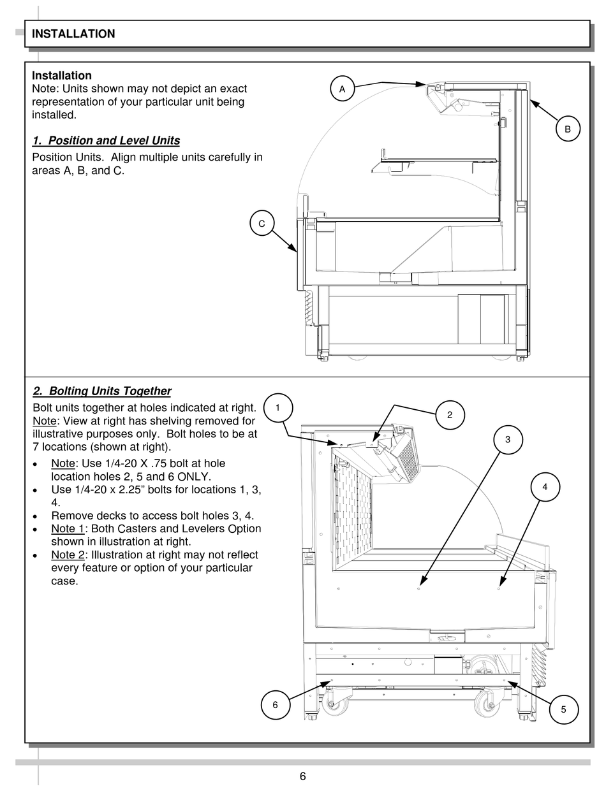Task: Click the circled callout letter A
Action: tap(343, 89)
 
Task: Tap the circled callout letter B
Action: tap(567, 129)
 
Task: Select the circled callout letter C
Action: tap(262, 224)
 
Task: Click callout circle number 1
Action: tap(277, 408)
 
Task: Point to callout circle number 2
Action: tap(450, 415)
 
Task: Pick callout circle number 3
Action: tap(508, 439)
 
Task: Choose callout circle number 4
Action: tap(545, 487)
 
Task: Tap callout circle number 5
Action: tap(563, 709)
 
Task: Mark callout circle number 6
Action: tap(276, 705)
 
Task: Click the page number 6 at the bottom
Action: tap(303, 776)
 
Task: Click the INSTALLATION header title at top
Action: tap(73, 34)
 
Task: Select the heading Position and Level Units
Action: tap(106, 141)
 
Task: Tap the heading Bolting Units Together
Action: tap(102, 391)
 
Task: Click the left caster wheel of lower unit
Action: tap(334, 704)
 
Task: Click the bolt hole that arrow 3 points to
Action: tap(419, 588)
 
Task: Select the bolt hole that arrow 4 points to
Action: tap(499, 588)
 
